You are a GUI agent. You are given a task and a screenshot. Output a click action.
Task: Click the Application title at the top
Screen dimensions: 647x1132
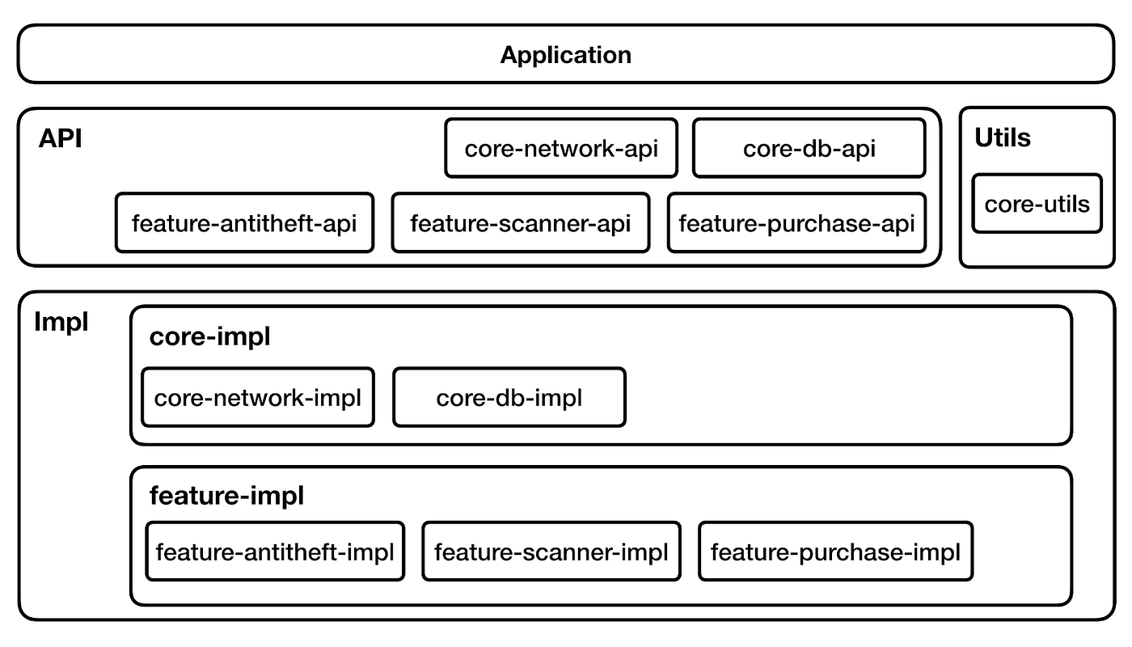(x=565, y=55)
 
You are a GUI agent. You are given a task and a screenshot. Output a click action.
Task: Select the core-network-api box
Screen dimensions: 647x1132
(x=561, y=148)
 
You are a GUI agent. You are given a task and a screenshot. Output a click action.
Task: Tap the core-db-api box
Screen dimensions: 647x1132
(x=809, y=148)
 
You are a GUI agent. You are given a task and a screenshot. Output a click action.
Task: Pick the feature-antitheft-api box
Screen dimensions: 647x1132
(x=244, y=222)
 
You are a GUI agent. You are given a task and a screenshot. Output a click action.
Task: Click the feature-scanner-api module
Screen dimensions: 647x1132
(x=520, y=222)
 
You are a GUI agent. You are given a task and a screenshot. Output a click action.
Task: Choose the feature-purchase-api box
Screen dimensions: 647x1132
(x=796, y=222)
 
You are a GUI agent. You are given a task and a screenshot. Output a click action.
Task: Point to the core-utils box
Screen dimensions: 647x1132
(x=1037, y=204)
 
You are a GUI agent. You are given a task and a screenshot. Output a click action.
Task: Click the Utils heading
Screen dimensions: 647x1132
(x=1003, y=138)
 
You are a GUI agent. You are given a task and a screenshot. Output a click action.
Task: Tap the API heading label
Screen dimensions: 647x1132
(x=61, y=138)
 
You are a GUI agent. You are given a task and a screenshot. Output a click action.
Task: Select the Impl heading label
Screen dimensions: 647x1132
(x=61, y=323)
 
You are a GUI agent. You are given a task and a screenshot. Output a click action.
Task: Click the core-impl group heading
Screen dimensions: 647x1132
(x=209, y=337)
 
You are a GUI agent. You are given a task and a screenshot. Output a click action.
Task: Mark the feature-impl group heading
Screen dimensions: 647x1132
(x=226, y=496)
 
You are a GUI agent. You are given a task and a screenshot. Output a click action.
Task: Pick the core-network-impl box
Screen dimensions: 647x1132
(x=257, y=397)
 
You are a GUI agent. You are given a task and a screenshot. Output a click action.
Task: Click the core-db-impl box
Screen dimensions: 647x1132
(x=509, y=397)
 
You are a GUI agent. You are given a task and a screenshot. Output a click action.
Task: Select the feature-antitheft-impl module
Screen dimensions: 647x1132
(x=275, y=552)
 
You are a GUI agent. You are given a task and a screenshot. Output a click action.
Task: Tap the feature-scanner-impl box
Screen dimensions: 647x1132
(x=551, y=552)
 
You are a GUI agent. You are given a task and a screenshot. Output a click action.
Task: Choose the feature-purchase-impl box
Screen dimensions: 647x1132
(x=835, y=552)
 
